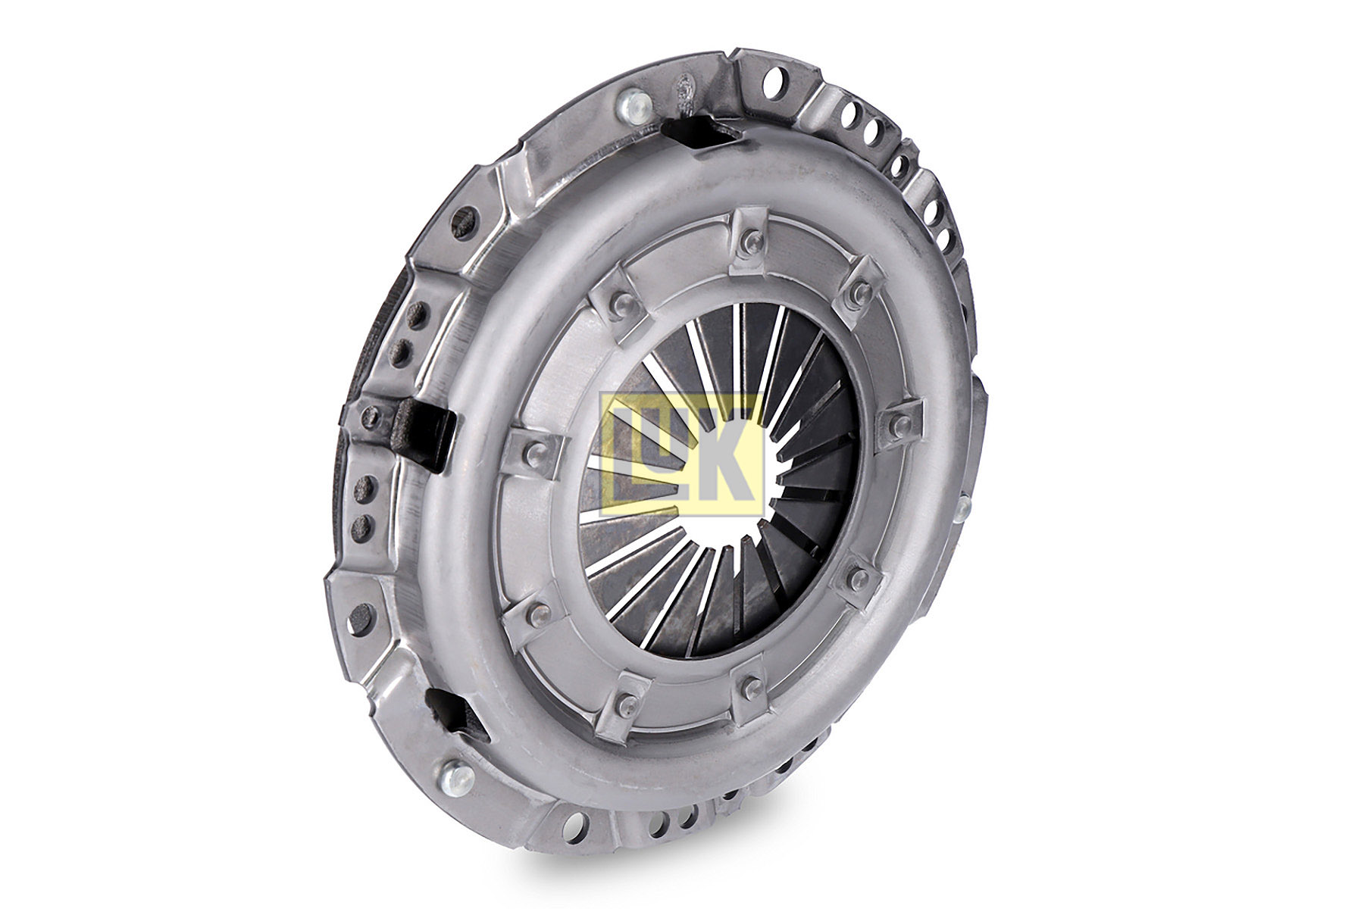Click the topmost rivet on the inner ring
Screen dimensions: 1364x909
(747, 242)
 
